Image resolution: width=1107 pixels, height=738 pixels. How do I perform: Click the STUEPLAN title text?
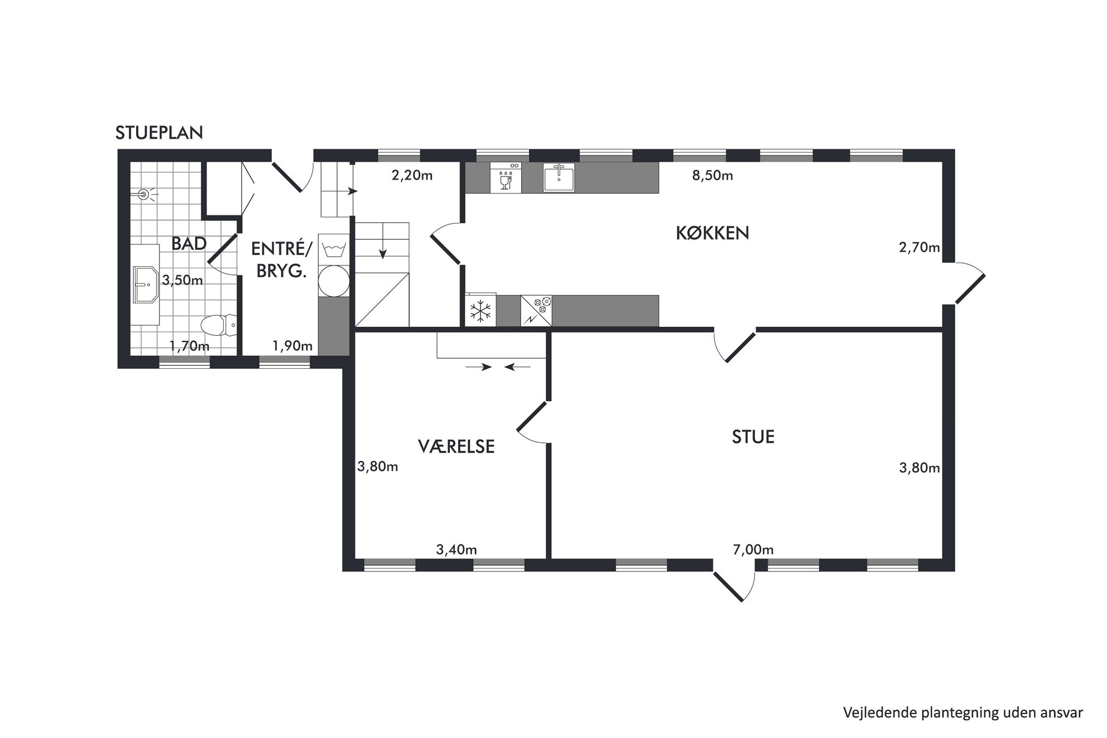point(159,133)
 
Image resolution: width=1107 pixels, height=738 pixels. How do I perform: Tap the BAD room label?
point(189,244)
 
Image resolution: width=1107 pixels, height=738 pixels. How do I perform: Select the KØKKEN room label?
point(712,233)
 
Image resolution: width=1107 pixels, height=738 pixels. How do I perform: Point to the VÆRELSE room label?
point(456,446)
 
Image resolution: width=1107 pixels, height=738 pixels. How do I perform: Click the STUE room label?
point(753,437)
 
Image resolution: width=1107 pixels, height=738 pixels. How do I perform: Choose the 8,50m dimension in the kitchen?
point(713,176)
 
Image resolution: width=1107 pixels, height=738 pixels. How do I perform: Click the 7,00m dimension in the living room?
point(753,550)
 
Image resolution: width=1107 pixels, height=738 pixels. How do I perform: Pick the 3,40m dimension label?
point(456,550)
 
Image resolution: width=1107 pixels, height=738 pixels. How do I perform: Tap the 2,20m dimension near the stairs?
point(412,176)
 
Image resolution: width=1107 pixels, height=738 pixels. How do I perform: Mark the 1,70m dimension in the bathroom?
point(189,346)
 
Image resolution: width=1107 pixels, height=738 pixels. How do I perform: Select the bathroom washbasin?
point(146,284)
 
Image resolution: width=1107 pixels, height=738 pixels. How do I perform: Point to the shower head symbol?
point(145,195)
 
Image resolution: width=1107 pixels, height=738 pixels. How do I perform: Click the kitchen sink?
point(559,177)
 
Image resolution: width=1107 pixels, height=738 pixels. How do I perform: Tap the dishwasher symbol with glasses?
point(506,177)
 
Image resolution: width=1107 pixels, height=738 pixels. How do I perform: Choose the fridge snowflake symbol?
point(480,311)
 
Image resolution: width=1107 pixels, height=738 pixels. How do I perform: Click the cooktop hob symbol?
point(536,311)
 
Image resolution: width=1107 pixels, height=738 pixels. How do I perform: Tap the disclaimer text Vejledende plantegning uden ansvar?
point(963,712)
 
